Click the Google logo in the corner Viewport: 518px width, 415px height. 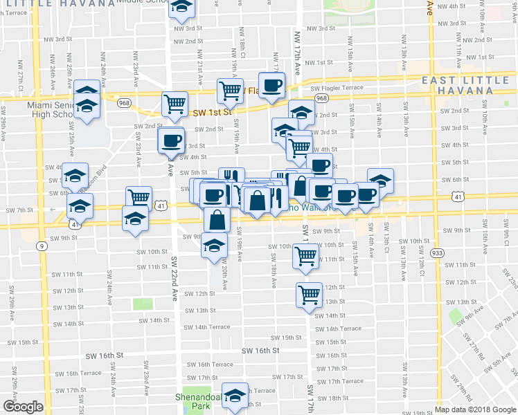tap(23, 407)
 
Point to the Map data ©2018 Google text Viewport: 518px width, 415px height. tap(475, 409)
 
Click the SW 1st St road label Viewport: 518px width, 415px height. tap(212, 112)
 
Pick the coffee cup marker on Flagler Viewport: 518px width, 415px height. tap(272, 84)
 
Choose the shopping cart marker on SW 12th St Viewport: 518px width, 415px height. tap(309, 293)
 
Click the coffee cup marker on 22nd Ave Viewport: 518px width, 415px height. tap(171, 140)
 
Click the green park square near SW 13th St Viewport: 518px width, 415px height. tap(143, 304)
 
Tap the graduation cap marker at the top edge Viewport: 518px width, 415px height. tap(183, 7)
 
